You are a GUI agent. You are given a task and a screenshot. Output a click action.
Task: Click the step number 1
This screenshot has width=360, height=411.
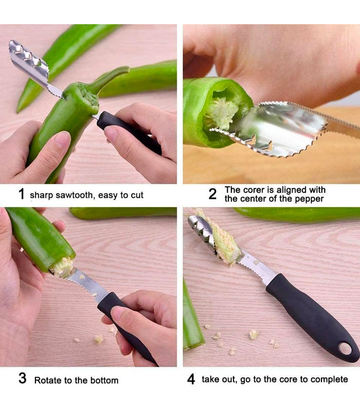pyautogui.click(x=22, y=194)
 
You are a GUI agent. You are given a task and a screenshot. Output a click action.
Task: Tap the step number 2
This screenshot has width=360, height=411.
pyautogui.click(x=212, y=194)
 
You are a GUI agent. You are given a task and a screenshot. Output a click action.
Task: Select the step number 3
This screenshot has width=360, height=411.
pyautogui.click(x=23, y=378)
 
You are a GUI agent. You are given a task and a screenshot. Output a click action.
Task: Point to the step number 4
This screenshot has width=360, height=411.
pyautogui.click(x=191, y=379)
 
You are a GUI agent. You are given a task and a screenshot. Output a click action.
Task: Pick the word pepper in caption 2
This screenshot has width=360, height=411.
pyautogui.click(x=309, y=199)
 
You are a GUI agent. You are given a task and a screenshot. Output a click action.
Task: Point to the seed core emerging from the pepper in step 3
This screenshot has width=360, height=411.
pyautogui.click(x=62, y=267)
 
